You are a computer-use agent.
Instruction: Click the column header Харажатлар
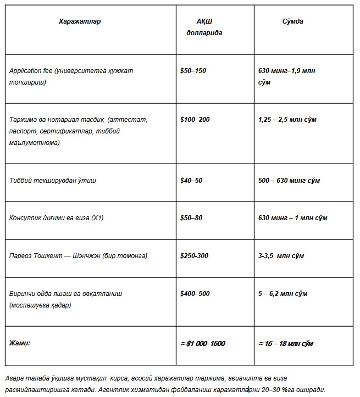pos(80,21)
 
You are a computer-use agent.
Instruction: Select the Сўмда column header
pos(292,21)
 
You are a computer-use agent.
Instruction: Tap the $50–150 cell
pos(193,71)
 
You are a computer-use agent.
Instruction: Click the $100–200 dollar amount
pos(195,119)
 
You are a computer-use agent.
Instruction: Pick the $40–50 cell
pos(191,181)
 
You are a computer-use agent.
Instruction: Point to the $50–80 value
pos(191,218)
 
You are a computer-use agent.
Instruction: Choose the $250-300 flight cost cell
pos(195,256)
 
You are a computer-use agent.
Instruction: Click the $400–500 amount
pos(195,294)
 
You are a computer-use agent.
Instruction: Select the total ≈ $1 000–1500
pos(203,343)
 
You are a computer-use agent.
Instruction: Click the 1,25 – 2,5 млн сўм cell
pos(287,119)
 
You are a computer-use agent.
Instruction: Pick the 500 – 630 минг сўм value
pos(289,181)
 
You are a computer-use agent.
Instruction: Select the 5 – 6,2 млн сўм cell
pos(283,294)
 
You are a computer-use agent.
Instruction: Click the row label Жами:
pos(20,343)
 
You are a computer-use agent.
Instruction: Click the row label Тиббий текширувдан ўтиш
pos(53,181)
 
